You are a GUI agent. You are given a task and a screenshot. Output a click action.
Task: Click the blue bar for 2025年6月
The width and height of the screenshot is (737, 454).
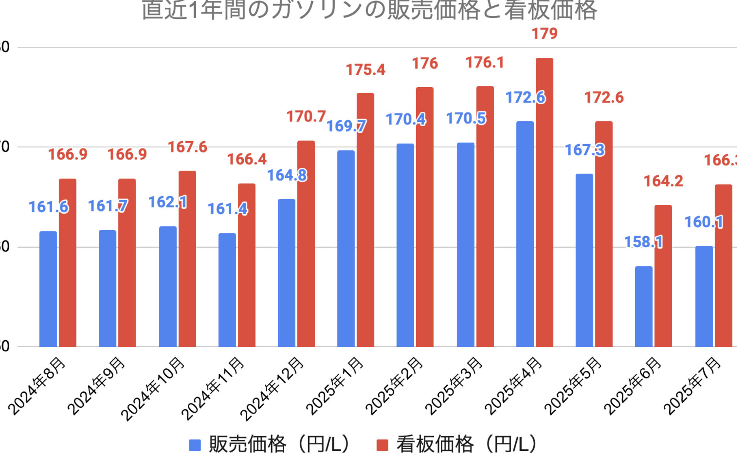point(644,306)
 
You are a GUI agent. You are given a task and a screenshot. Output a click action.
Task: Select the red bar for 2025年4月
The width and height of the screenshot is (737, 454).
point(544,202)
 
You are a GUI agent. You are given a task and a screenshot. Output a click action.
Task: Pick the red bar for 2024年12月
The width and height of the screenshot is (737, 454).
point(306,243)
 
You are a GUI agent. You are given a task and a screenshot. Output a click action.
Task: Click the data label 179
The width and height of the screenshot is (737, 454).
point(545,34)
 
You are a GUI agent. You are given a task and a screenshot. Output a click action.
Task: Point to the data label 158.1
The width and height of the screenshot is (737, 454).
point(643,242)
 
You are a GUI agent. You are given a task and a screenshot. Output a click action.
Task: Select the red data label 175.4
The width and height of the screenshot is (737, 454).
point(365,70)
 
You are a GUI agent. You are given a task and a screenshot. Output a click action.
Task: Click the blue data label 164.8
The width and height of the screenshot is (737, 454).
point(287,176)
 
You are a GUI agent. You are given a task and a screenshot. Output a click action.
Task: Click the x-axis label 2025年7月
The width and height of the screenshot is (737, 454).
point(693,386)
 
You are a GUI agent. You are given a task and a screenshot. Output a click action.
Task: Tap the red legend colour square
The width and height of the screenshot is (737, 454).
point(382,445)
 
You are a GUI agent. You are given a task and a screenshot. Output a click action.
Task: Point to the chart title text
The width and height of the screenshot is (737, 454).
point(369,10)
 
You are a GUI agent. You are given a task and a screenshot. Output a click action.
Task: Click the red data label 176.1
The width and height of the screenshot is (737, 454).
point(485,62)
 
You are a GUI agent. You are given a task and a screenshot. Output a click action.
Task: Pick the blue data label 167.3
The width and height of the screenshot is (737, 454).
point(584,150)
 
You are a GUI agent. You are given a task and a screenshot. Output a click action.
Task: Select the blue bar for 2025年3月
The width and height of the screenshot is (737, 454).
point(465,245)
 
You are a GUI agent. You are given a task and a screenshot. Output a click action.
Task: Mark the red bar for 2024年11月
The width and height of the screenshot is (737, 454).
point(246,265)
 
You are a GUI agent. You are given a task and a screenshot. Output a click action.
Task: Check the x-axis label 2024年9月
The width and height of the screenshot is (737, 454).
point(97,386)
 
